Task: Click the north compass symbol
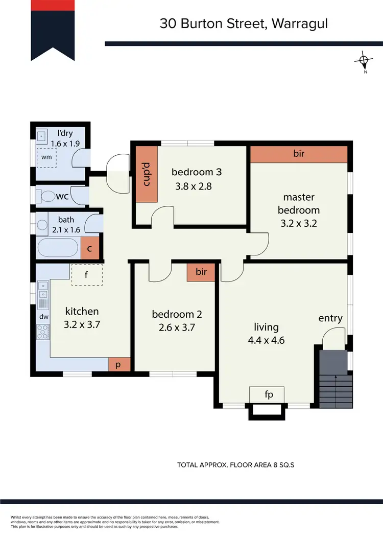click(x=364, y=61)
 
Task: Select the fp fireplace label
click(x=267, y=395)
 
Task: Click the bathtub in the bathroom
click(x=59, y=249)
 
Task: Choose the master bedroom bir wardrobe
click(x=299, y=154)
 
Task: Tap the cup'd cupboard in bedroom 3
click(x=146, y=174)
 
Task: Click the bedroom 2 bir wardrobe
click(x=201, y=272)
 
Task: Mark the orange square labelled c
click(x=89, y=249)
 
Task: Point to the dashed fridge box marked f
click(x=87, y=275)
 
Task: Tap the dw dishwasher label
click(x=44, y=317)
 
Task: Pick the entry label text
click(x=330, y=318)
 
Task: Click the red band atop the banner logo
click(x=54, y=6)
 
